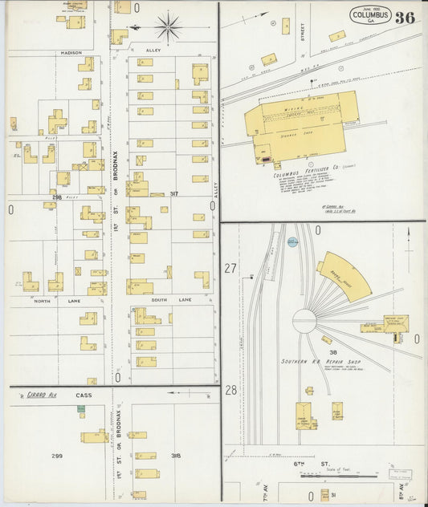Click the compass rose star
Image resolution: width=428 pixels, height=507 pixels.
pyautogui.click(x=168, y=27)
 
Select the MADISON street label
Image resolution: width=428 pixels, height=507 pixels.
pyautogui.click(x=71, y=53)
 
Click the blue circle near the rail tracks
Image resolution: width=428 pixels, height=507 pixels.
pyautogui.click(x=292, y=241)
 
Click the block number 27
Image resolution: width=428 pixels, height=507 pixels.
pyautogui.click(x=231, y=269)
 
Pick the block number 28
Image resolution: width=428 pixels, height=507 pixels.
pyautogui.click(x=231, y=390)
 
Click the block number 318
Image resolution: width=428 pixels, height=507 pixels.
pyautogui.click(x=175, y=456)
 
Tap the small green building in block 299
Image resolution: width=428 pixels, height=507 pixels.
pyautogui.click(x=81, y=409)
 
